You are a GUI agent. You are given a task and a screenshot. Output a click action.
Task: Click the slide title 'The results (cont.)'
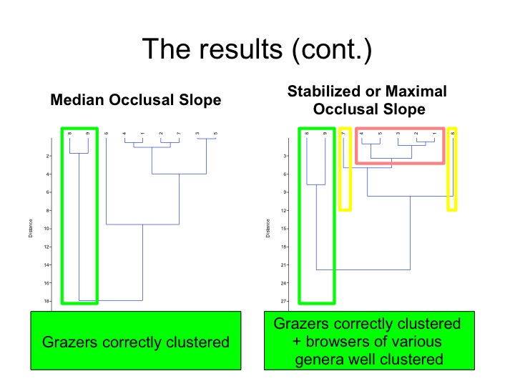(257, 49)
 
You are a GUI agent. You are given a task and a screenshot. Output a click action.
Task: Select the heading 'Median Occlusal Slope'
(135, 100)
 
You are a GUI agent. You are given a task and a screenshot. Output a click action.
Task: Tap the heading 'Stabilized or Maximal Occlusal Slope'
(367, 100)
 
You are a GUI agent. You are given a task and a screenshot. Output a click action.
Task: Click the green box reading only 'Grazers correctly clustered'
(135, 341)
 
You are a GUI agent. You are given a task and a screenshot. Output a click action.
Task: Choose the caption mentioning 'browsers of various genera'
(367, 341)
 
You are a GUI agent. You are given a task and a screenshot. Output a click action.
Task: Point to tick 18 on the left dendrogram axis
(47, 301)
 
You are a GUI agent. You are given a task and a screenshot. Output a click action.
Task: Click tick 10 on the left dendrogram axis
(47, 228)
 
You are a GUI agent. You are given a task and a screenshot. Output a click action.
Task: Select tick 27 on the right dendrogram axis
(285, 301)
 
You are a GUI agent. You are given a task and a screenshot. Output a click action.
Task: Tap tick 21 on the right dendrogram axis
(285, 264)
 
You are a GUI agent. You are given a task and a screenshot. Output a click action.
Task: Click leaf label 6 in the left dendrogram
(107, 133)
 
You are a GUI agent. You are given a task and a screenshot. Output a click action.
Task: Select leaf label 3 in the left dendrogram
(197, 133)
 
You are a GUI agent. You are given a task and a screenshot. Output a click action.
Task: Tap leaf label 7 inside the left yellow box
(344, 133)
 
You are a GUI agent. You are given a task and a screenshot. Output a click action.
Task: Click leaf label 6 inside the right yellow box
(453, 133)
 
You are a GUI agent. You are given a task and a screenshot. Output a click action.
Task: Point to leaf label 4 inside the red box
(362, 133)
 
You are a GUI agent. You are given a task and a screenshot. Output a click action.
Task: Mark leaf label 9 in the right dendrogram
(325, 133)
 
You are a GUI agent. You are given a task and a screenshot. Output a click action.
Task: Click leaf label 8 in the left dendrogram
(70, 133)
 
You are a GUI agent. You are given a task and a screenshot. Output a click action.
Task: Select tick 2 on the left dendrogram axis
(47, 155)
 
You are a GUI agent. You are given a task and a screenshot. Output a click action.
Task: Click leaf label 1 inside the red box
(435, 133)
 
